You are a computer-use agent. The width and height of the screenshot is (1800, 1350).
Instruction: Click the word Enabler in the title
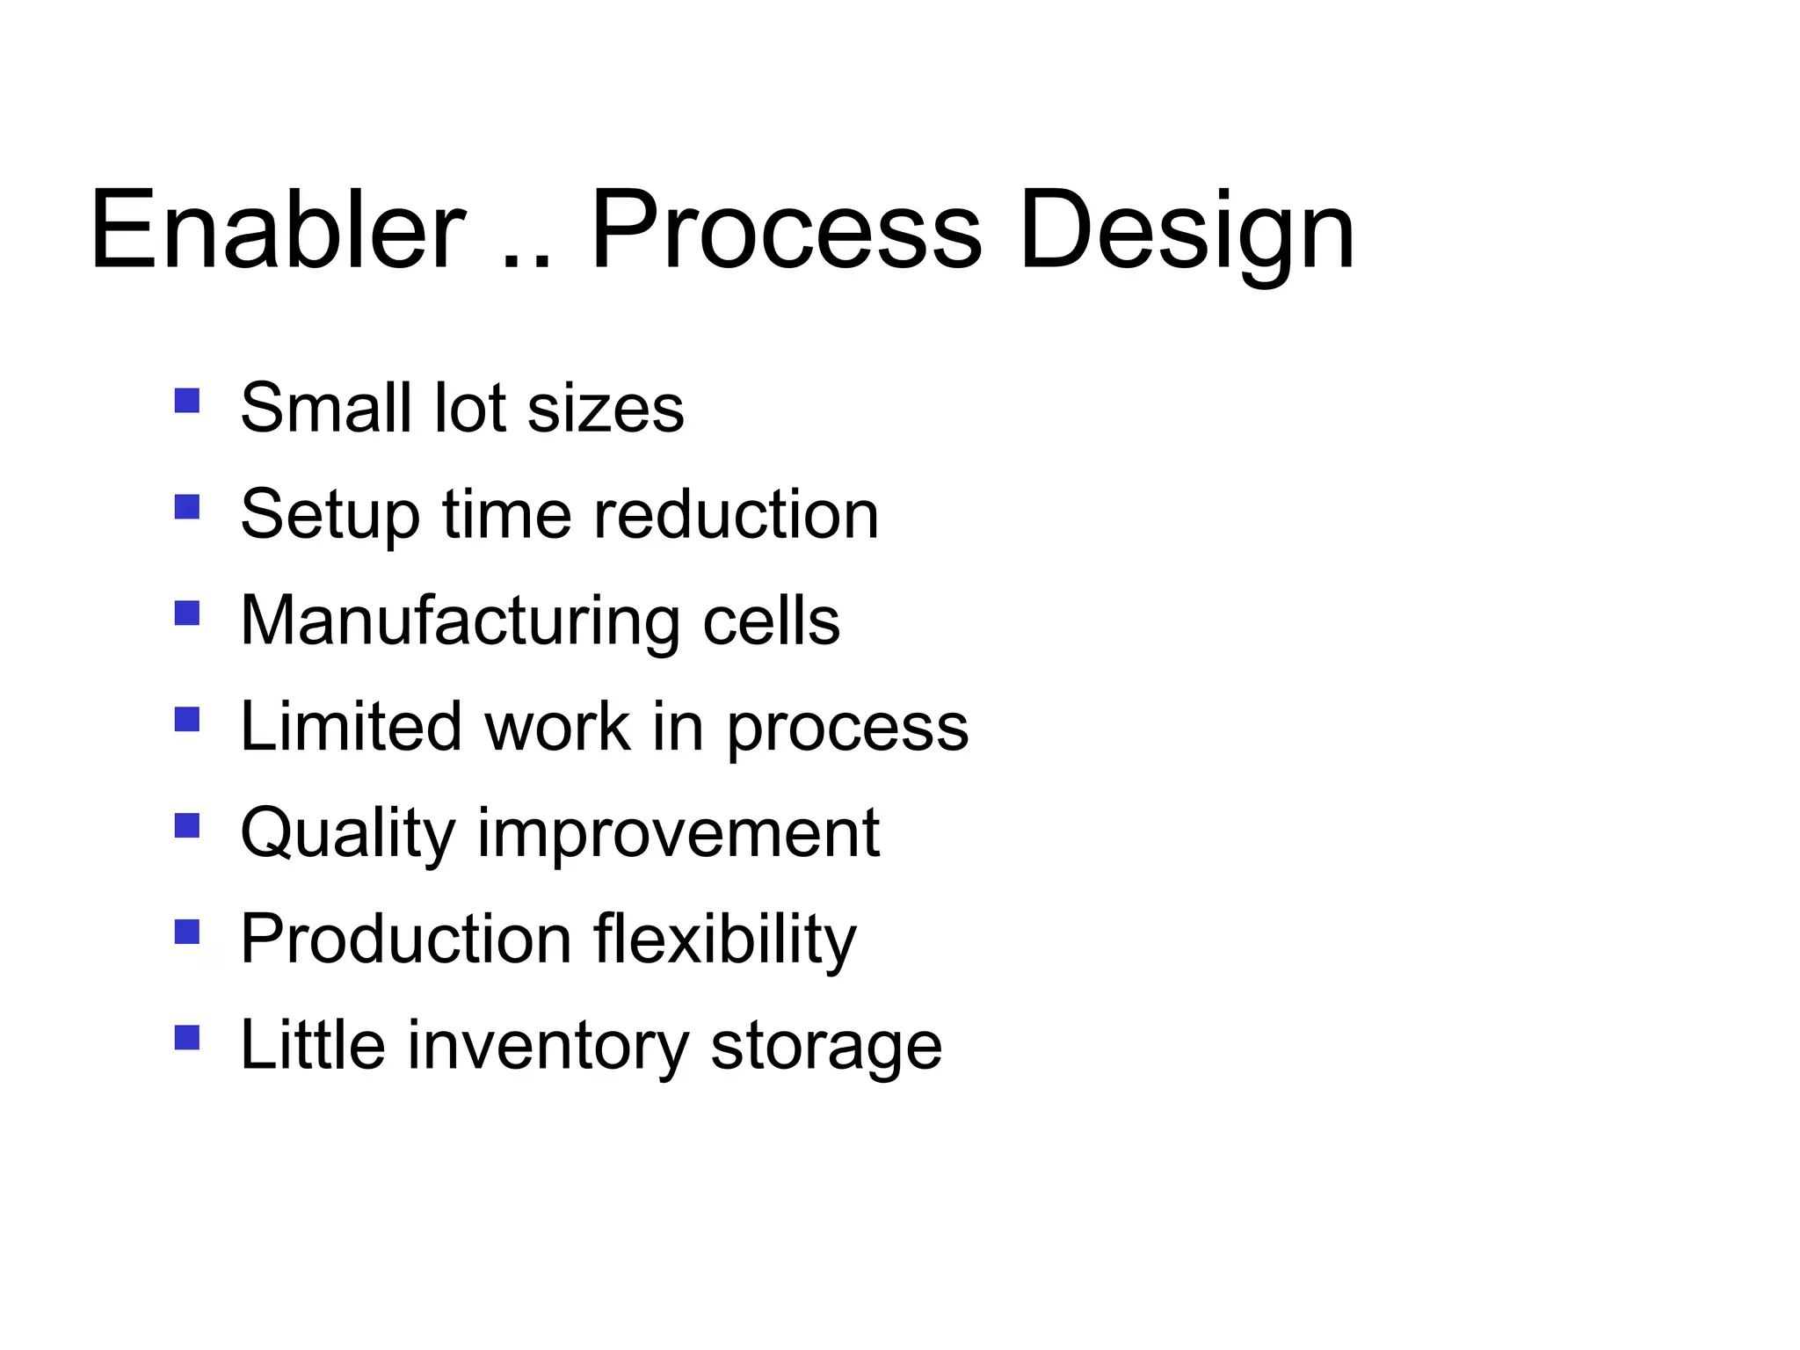pos(277,230)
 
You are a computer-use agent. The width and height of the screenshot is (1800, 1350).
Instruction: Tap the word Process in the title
pos(786,230)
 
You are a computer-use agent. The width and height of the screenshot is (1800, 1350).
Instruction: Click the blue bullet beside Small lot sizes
pos(187,401)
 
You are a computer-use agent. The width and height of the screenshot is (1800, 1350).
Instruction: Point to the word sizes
pos(606,409)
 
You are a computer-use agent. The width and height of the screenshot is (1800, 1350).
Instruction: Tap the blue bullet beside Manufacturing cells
pos(187,613)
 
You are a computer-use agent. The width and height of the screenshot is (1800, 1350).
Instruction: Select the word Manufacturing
pos(460,622)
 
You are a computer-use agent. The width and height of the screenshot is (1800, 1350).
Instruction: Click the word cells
pos(771,621)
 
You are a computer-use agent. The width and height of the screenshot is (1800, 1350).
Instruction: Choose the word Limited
pos(351,727)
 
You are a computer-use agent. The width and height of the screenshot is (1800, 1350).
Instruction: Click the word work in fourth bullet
pos(558,727)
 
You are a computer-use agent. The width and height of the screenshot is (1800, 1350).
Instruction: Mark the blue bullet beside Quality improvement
pos(187,825)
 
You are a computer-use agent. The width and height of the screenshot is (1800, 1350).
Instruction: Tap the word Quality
pos(347,835)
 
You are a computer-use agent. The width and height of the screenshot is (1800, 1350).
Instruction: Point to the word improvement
pos(679,833)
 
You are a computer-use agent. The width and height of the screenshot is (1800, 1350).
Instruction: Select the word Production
pos(406,940)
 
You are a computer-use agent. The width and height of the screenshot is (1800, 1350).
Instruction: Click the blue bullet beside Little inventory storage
pos(187,1038)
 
